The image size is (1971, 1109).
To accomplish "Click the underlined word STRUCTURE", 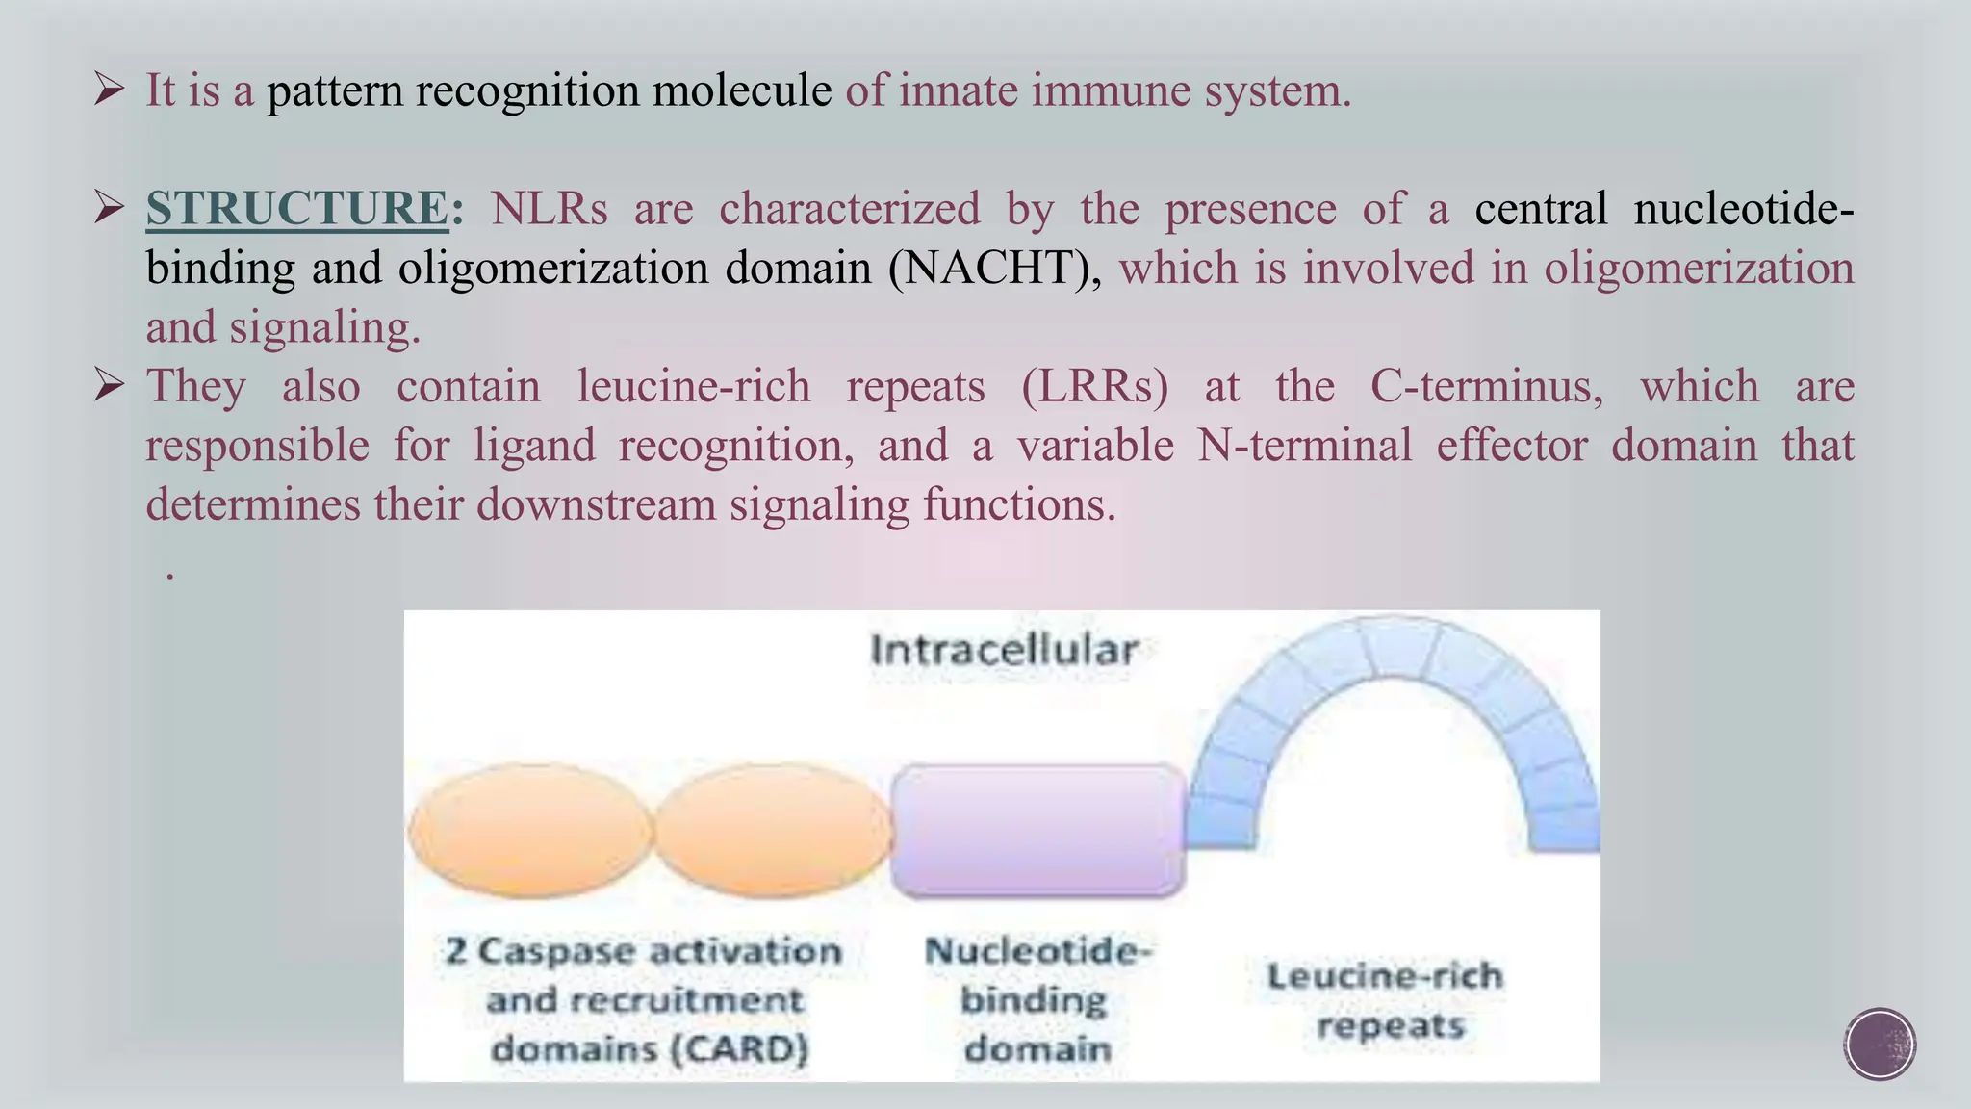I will (x=296, y=209).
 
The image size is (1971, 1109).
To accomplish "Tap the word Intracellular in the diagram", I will (x=1004, y=650).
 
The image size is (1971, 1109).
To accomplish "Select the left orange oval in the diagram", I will (x=530, y=830).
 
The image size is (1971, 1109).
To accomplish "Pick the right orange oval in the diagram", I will (x=774, y=830).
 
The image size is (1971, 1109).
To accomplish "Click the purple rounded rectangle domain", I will (x=1037, y=831).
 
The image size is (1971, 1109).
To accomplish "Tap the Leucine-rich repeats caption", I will (x=1387, y=1000).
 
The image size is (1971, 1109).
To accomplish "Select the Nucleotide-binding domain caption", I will (x=1037, y=999).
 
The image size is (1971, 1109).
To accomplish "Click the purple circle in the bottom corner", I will (x=1880, y=1045).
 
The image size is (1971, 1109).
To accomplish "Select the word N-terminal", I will (x=1304, y=446).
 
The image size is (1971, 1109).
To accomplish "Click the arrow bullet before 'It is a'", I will (x=110, y=90).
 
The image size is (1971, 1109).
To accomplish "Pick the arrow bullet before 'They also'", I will (x=110, y=387).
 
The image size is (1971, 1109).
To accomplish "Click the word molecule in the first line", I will (x=741, y=90).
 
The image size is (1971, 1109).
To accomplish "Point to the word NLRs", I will (x=549, y=209).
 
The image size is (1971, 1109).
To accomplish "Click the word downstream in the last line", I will (x=596, y=504).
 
